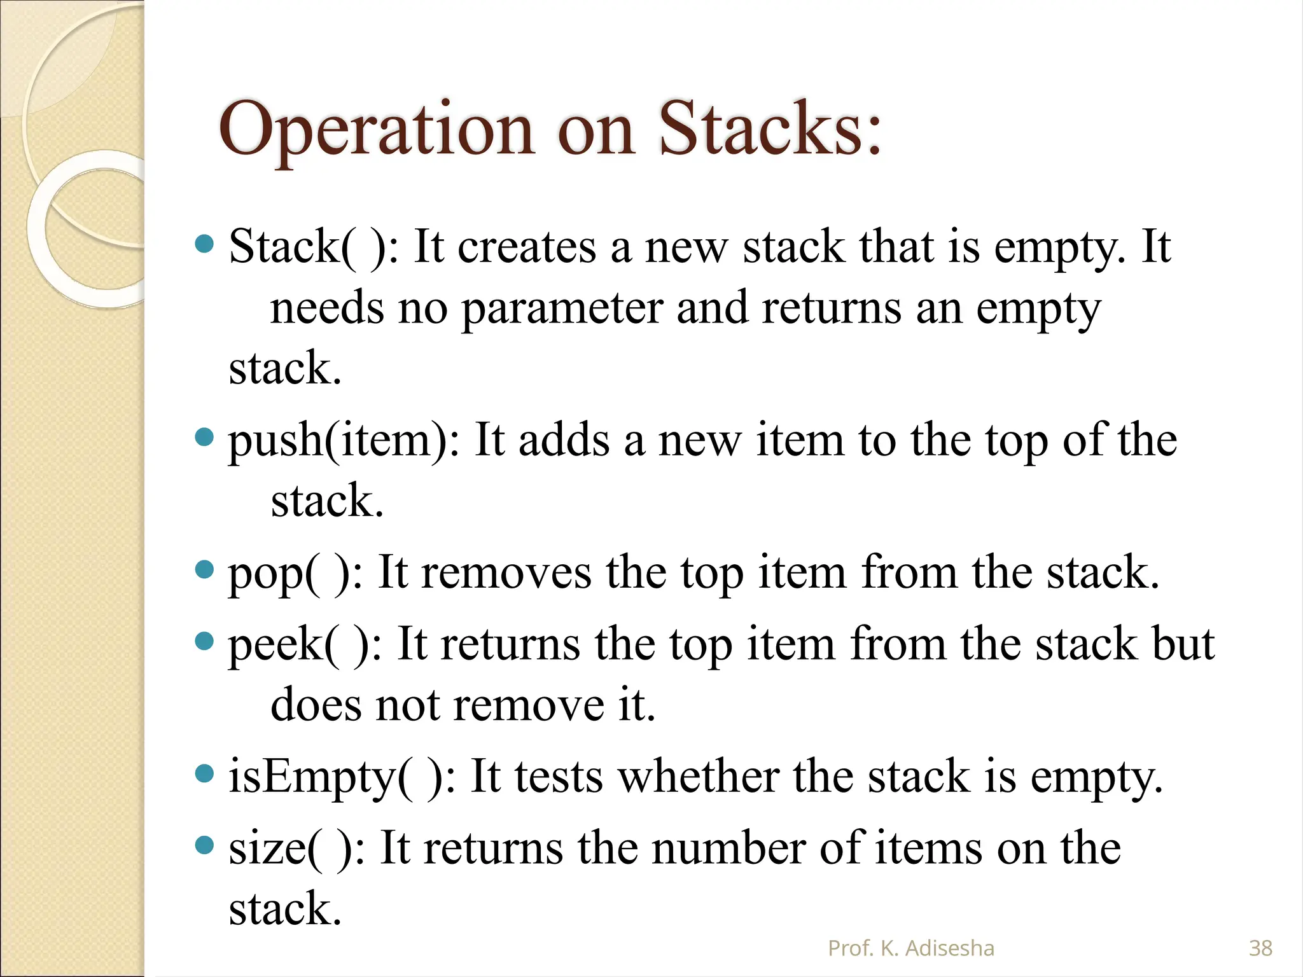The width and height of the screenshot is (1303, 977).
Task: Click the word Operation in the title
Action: tap(375, 130)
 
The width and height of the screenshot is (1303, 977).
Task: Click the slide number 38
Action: tap(1260, 948)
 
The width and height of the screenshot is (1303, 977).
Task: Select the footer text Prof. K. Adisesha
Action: tap(910, 948)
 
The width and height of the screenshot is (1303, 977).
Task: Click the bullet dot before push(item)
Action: tap(204, 438)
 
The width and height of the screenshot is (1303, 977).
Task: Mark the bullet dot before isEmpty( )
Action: tap(204, 774)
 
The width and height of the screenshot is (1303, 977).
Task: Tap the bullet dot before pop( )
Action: tap(204, 569)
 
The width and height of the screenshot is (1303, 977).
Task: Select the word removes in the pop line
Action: tap(506, 572)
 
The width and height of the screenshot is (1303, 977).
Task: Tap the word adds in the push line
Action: tap(564, 440)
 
